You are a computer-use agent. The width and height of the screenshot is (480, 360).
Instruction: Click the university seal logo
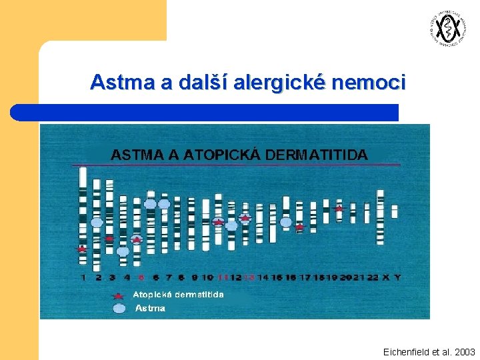(445, 29)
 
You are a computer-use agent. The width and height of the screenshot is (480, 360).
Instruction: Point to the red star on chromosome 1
(81, 249)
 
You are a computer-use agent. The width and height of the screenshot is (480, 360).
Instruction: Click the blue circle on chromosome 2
(97, 222)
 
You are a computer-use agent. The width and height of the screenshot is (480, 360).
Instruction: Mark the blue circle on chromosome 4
(123, 251)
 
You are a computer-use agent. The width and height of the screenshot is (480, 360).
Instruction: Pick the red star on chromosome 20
(339, 208)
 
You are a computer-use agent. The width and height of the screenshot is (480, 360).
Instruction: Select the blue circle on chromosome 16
(286, 222)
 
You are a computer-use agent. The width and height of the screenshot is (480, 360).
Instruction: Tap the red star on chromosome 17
(300, 227)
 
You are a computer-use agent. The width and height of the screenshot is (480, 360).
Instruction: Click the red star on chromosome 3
(110, 238)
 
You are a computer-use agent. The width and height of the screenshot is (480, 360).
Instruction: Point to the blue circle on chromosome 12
(231, 226)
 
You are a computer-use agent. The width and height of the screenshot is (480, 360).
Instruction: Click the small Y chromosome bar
(395, 211)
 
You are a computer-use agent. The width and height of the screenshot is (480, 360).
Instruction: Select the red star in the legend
(119, 295)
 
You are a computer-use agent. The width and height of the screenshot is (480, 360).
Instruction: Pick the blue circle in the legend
(119, 308)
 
